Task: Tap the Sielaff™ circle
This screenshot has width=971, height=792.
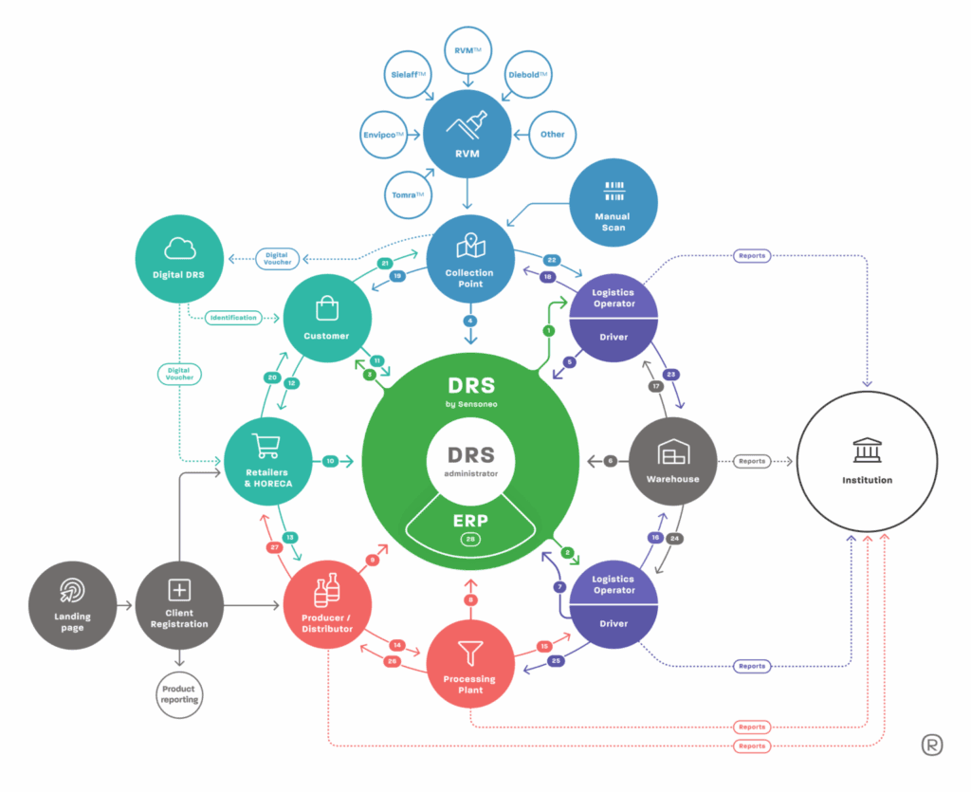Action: click(x=411, y=75)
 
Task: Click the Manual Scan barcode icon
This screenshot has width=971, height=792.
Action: click(x=614, y=190)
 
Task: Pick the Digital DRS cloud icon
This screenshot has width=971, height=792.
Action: click(x=179, y=248)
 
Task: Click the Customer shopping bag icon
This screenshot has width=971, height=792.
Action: click(x=326, y=308)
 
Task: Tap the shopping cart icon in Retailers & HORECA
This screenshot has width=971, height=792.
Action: click(x=266, y=446)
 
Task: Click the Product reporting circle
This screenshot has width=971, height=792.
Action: click(x=178, y=693)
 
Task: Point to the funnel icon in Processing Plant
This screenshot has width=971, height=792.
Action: click(x=470, y=652)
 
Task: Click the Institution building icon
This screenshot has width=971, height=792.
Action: click(x=867, y=448)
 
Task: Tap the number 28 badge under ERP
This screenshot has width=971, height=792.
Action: click(x=470, y=539)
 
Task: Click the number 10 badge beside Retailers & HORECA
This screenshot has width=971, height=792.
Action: click(x=330, y=461)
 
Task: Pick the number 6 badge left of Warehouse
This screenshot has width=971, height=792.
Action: click(x=610, y=461)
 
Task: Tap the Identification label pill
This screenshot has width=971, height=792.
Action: click(x=232, y=318)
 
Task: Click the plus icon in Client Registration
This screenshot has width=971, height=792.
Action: click(x=178, y=590)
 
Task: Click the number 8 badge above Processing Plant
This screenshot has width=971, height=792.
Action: click(x=470, y=599)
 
